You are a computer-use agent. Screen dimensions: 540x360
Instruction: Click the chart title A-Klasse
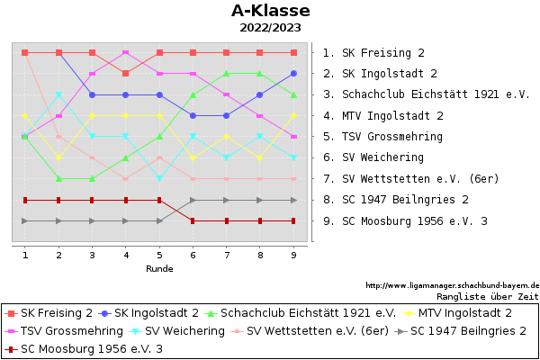click(x=271, y=11)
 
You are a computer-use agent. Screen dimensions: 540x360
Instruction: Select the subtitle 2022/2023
click(x=270, y=28)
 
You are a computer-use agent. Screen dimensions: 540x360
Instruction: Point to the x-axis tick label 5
click(x=159, y=256)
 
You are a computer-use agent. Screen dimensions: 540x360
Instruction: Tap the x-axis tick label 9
click(x=293, y=256)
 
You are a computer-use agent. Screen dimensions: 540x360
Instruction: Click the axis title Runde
click(x=159, y=269)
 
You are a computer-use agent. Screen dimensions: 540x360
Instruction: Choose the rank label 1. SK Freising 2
click(x=373, y=53)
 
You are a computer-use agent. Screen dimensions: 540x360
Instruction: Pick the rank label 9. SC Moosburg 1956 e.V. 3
click(x=405, y=221)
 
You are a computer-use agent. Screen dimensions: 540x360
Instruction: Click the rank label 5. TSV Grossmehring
click(x=383, y=137)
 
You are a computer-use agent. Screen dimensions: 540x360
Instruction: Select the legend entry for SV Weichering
click(x=176, y=331)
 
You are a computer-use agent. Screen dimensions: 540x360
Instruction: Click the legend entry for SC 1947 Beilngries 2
click(x=461, y=331)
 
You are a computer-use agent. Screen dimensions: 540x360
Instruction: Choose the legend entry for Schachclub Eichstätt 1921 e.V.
click(x=301, y=313)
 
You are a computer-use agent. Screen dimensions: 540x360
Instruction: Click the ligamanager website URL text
click(x=453, y=285)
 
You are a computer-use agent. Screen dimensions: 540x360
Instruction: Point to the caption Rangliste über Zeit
click(x=488, y=297)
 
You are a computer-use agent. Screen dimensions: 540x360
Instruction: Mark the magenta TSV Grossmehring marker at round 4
click(x=126, y=53)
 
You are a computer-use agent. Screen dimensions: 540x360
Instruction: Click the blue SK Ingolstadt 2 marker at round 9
click(x=293, y=74)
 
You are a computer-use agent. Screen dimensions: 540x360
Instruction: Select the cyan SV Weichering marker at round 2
click(x=58, y=94)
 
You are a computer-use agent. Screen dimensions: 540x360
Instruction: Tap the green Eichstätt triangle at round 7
click(x=226, y=74)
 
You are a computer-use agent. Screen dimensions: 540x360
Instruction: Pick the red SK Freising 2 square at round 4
click(x=126, y=74)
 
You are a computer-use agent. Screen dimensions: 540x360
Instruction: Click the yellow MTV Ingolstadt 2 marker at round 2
click(x=58, y=157)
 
